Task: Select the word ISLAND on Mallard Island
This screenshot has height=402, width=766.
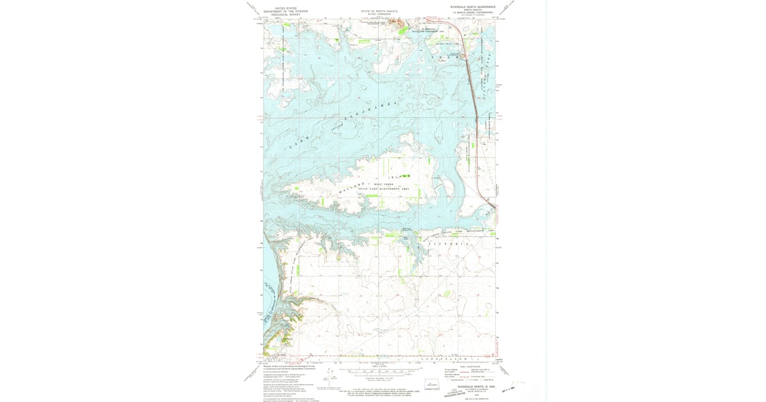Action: pos(397,176)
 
